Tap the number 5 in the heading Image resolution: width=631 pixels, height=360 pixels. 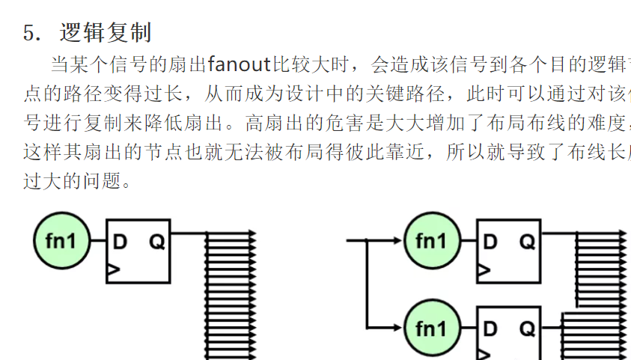(30, 34)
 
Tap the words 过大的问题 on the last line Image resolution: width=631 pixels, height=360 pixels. (71, 180)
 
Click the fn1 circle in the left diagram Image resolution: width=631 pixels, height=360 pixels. (63, 241)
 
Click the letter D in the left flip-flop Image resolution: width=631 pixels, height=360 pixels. (120, 242)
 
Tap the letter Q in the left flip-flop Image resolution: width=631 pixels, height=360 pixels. (156, 242)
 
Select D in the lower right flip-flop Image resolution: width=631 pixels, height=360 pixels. (490, 329)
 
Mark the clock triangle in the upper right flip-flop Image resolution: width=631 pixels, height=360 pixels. (484, 269)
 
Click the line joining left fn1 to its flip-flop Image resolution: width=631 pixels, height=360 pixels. (99, 241)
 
